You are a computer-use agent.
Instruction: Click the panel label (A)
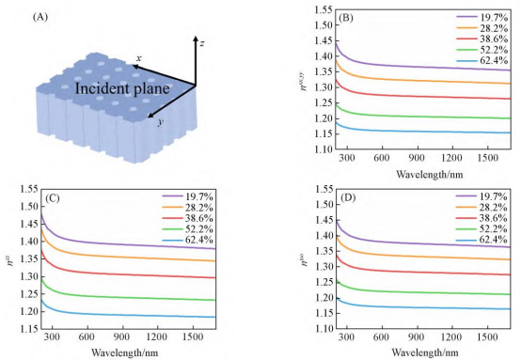[40, 17]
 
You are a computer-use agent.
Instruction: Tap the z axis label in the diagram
[201, 43]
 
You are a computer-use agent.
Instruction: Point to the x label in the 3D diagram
[139, 59]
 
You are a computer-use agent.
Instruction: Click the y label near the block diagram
[161, 122]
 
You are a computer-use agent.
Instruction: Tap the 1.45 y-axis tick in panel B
[324, 40]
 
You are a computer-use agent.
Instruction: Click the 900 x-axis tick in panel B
[416, 158]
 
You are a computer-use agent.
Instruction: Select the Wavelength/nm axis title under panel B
[429, 174]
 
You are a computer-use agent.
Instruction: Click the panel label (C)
[52, 198]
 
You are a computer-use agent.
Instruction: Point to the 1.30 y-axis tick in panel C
[29, 276]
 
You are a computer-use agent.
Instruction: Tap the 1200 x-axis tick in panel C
[157, 337]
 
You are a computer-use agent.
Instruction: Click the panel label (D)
[348, 198]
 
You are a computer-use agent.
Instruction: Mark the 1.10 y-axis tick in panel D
[324, 329]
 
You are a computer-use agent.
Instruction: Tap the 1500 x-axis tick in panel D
[487, 337]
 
